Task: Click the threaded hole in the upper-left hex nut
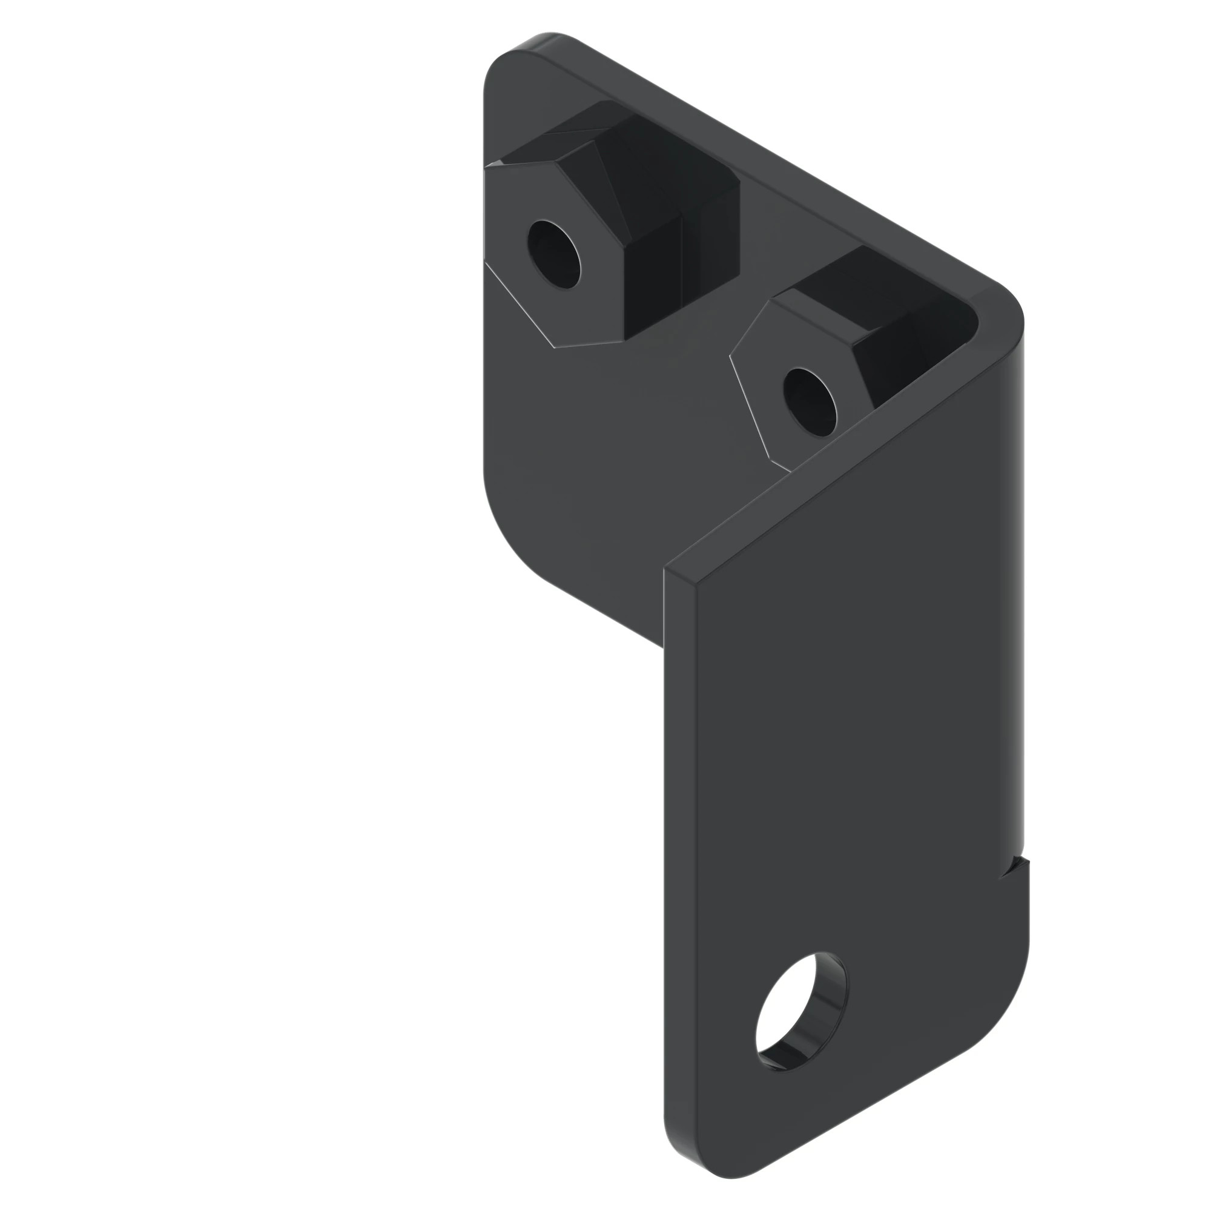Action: tap(554, 254)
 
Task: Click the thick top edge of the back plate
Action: tap(752, 157)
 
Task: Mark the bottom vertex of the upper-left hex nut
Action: tap(554, 347)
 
